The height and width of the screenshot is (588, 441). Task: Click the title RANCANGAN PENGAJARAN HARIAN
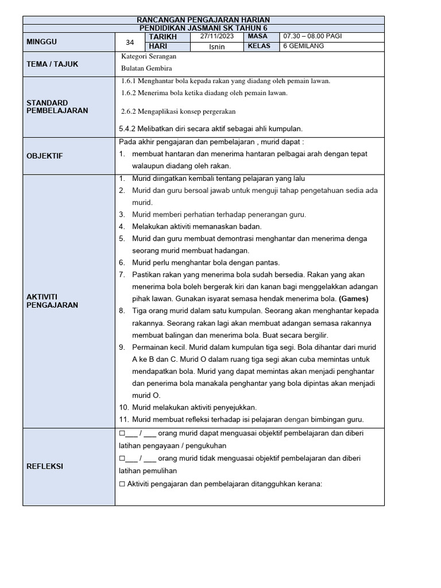(204, 20)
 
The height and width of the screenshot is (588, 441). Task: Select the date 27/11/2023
(218, 36)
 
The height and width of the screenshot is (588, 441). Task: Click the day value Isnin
(217, 47)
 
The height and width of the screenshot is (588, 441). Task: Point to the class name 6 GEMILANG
(304, 46)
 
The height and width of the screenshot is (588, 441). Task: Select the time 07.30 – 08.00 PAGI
(312, 36)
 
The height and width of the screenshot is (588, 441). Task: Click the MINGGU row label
(42, 42)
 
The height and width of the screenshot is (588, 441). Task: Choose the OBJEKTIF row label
(45, 156)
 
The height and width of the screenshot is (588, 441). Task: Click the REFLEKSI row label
(45, 466)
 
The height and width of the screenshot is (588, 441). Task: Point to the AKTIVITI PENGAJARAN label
(52, 300)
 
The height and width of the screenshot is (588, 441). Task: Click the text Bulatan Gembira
(143, 68)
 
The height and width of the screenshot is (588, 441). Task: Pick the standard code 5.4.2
(127, 129)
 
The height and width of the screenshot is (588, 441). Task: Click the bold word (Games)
(353, 299)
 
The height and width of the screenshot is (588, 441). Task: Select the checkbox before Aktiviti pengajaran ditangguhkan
(122, 484)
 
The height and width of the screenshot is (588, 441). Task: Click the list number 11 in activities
(123, 419)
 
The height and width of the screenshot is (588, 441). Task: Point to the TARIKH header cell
(163, 36)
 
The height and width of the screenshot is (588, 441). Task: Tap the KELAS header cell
(259, 46)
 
